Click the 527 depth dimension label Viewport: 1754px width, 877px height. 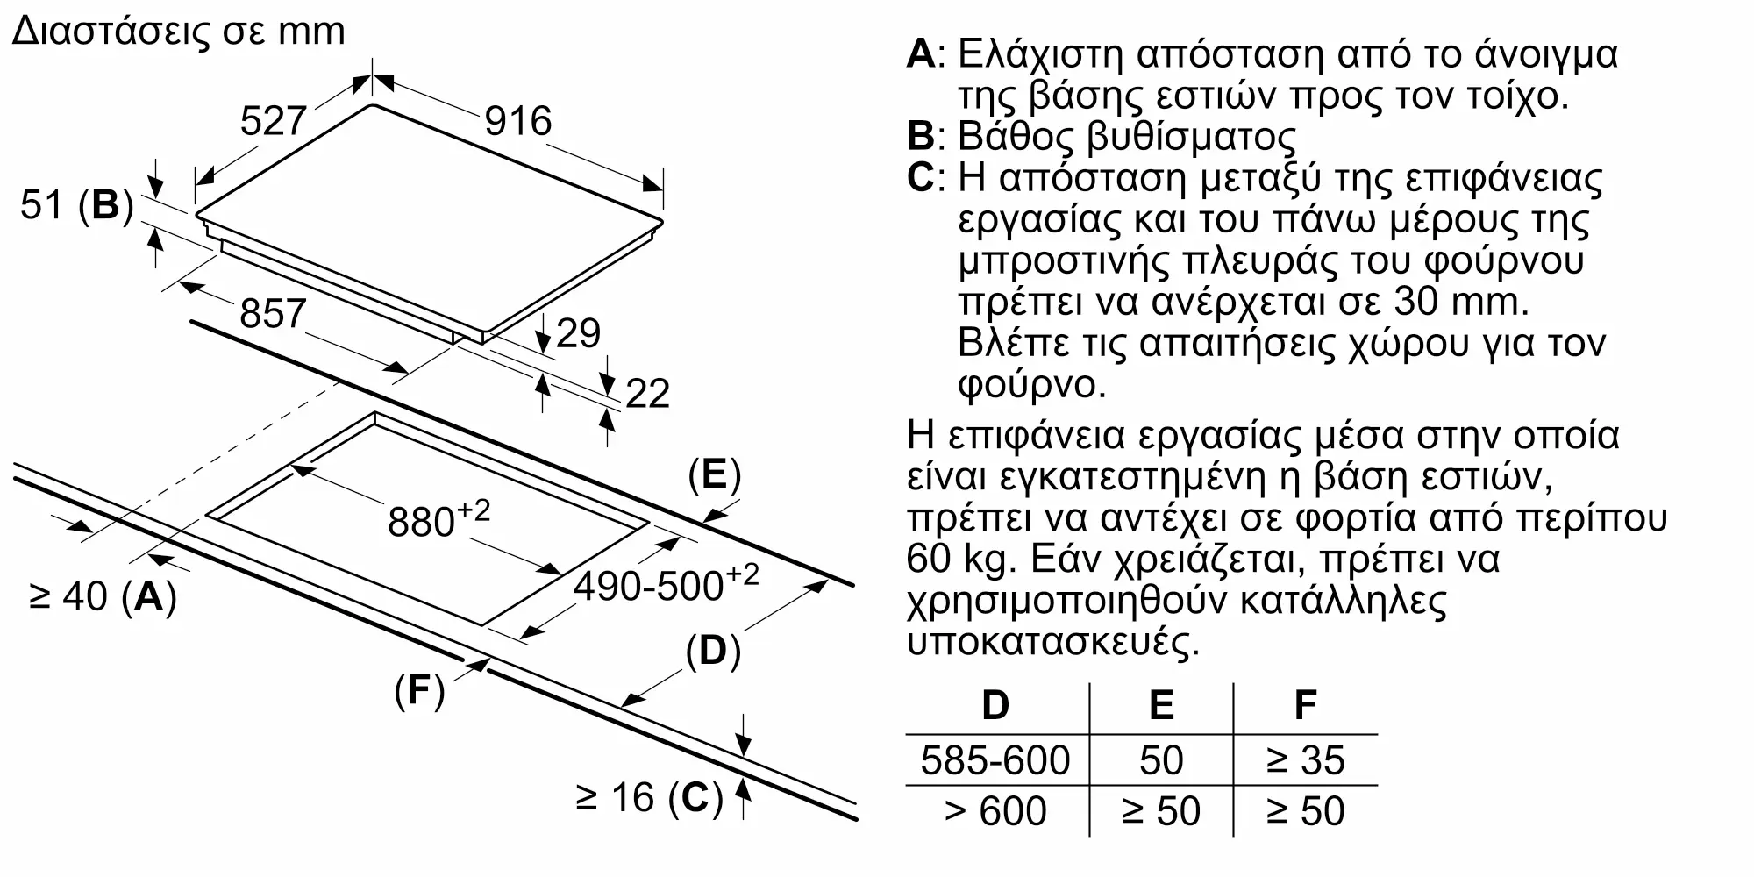(273, 120)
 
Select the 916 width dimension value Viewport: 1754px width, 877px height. (518, 120)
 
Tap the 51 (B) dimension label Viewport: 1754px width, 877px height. (77, 205)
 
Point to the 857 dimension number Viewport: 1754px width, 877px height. (273, 313)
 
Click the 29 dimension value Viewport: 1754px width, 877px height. (578, 333)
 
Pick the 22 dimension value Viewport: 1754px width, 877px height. (647, 393)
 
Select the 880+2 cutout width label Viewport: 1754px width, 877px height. (438, 519)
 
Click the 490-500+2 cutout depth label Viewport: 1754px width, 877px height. (666, 583)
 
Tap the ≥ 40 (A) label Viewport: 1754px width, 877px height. (103, 596)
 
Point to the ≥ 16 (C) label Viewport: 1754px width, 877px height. (649, 797)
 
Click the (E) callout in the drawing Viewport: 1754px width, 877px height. (714, 474)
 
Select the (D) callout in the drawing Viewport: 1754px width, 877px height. (712, 652)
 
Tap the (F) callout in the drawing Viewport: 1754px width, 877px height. (419, 691)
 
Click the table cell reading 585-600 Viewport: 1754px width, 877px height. (995, 760)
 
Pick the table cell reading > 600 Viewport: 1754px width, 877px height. (995, 811)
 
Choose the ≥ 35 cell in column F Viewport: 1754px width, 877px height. (1305, 760)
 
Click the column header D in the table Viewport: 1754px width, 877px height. (995, 705)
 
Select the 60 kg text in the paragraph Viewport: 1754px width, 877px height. (959, 559)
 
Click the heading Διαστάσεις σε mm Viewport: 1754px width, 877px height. (179, 32)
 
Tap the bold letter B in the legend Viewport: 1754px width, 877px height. (921, 136)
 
